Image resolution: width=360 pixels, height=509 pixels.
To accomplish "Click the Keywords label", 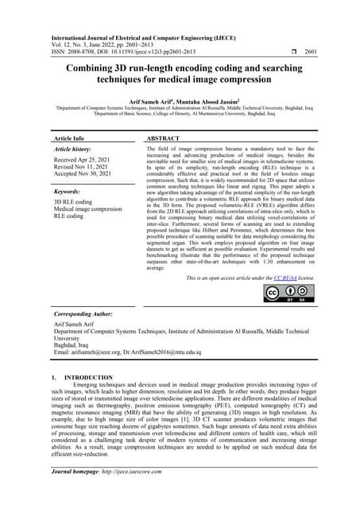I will (69, 192).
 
